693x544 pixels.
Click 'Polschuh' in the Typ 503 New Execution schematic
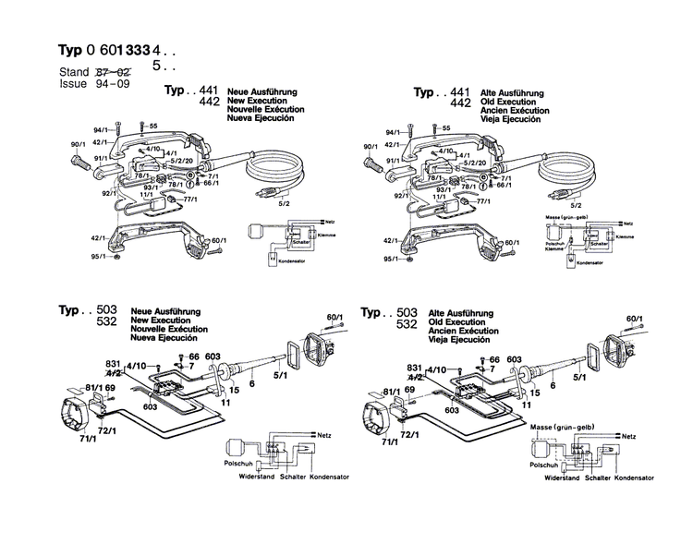click(x=228, y=466)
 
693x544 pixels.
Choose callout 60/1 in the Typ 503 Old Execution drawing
click(x=634, y=319)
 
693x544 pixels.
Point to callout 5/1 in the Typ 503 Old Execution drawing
click(x=578, y=377)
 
